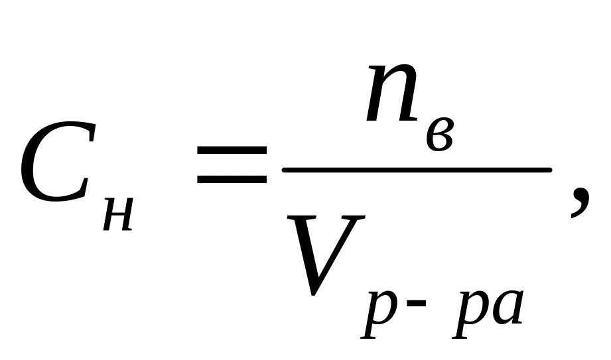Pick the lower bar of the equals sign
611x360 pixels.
[x=232, y=181]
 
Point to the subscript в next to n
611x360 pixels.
[x=439, y=137]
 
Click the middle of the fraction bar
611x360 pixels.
[x=417, y=170]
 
